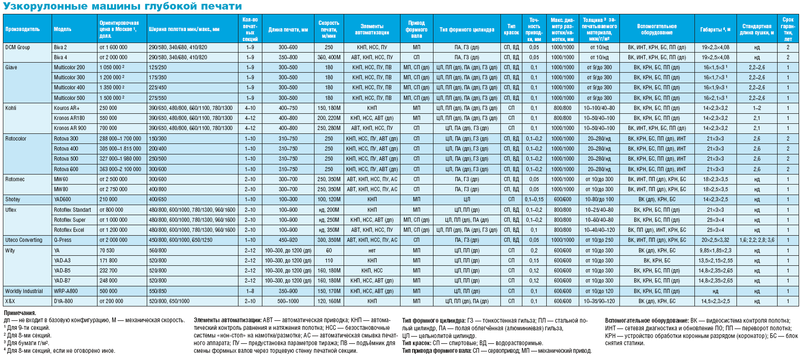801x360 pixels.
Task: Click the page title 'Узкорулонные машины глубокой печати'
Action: pyautogui.click(x=122, y=6)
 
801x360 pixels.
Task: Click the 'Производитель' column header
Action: pyautogui.click(x=22, y=29)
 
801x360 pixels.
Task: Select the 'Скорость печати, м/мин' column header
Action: pyautogui.click(x=329, y=29)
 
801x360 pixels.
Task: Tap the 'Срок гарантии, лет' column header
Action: pyautogui.click(x=788, y=29)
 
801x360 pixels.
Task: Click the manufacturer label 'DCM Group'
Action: pyautogui.click(x=18, y=47)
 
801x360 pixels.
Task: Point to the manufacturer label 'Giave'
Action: pyautogui.click(x=11, y=67)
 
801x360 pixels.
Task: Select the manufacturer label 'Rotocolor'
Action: pyautogui.click(x=16, y=139)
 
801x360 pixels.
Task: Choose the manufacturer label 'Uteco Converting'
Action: pyautogui.click(x=24, y=240)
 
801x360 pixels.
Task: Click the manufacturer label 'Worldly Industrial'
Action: pyautogui.click(x=24, y=291)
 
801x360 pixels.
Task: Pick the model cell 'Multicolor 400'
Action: pyautogui.click(x=69, y=87)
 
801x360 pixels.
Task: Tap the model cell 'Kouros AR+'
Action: pyautogui.click(x=67, y=108)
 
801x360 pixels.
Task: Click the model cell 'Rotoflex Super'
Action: pyautogui.click(x=70, y=220)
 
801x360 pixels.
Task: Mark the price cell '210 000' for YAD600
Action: pyautogui.click(x=108, y=199)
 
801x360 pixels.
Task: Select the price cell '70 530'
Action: pyautogui.click(x=107, y=251)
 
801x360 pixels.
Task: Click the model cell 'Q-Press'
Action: pyautogui.click(x=63, y=240)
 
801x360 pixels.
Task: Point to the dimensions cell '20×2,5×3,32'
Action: pyautogui.click(x=715, y=240)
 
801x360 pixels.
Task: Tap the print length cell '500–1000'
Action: pyautogui.click(x=288, y=301)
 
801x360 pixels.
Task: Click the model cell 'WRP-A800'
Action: pyautogui.click(x=66, y=291)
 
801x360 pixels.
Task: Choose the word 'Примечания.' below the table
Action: pyautogui.click(x=20, y=313)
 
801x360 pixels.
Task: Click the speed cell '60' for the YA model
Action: pyautogui.click(x=329, y=251)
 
